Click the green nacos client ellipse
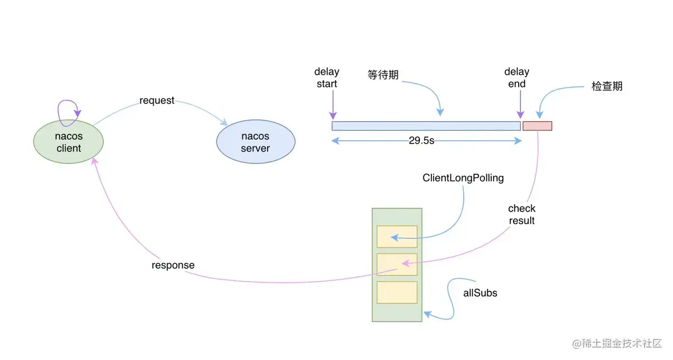(68, 142)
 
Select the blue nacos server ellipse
(255, 142)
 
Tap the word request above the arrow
(157, 100)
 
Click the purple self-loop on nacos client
(69, 108)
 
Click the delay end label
(517, 77)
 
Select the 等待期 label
(383, 75)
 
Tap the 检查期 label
(607, 86)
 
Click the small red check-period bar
(537, 126)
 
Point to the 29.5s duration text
(422, 140)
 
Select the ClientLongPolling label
(463, 178)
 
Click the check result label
(522, 214)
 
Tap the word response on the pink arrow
(173, 265)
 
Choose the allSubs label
(480, 293)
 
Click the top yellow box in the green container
(397, 237)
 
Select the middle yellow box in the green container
(397, 264)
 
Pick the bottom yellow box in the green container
(397, 292)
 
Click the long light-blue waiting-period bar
(426, 126)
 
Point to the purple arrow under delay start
(333, 105)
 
